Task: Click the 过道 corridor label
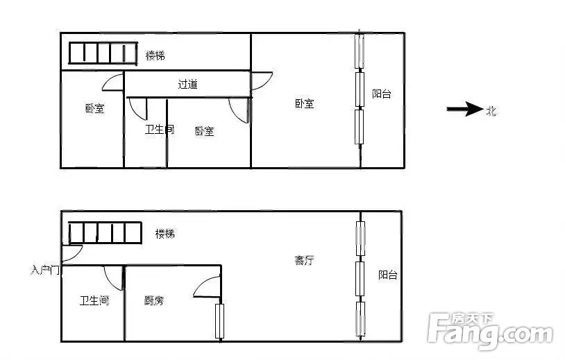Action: click(187, 84)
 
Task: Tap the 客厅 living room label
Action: click(305, 260)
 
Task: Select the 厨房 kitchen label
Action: click(154, 300)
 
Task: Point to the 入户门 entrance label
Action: click(45, 270)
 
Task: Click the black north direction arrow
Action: click(465, 109)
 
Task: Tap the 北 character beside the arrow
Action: click(491, 111)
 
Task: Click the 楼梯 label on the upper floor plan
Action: click(155, 55)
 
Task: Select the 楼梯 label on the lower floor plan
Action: click(165, 234)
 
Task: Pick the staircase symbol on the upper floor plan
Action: click(103, 53)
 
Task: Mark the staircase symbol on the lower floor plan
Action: click(105, 232)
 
